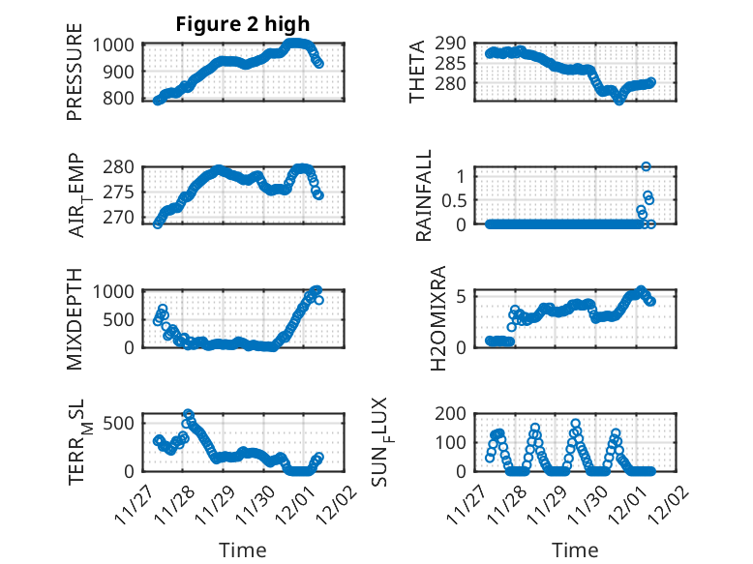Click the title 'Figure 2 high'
pos(243,24)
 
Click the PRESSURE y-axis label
pos(75,78)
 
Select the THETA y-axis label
pos(417,73)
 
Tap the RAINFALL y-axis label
pos(424,196)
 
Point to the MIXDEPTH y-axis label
pos(75,318)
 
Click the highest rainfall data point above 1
pos(646,166)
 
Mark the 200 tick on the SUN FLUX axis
pos(456,414)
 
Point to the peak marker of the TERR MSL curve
pos(188,415)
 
